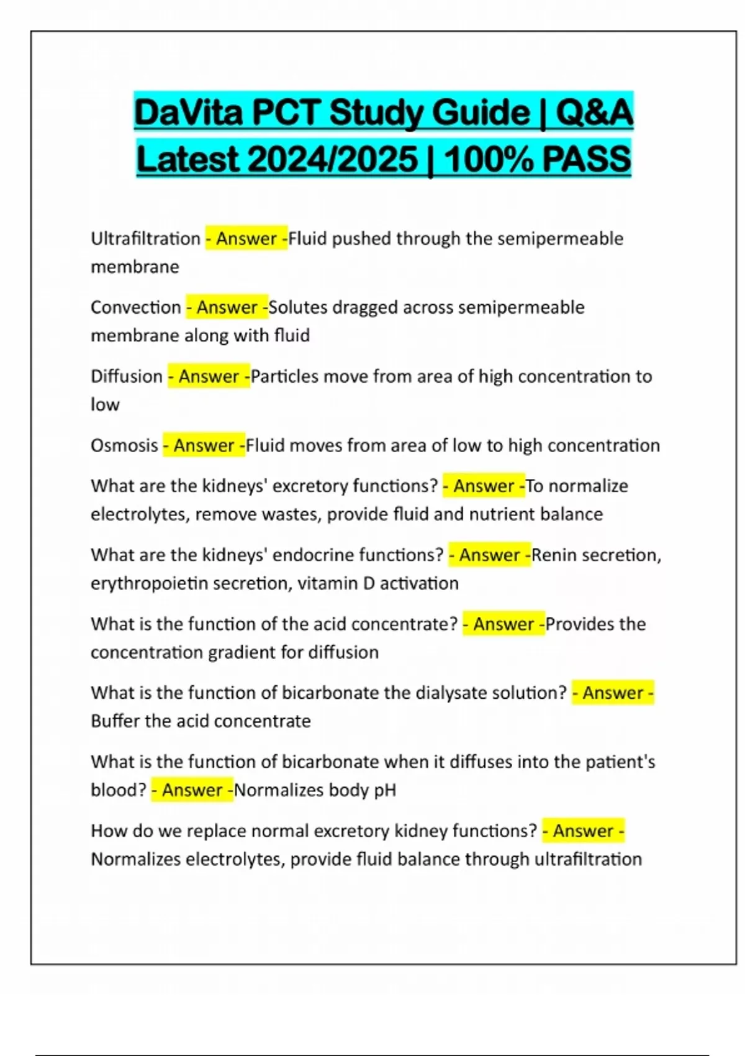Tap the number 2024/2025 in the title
(x=332, y=160)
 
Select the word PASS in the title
(x=587, y=160)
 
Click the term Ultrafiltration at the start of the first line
(x=145, y=239)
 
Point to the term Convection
(x=135, y=307)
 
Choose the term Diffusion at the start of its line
(x=126, y=376)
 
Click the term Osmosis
(x=124, y=445)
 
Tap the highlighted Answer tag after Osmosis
(x=204, y=445)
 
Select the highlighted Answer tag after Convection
(x=227, y=307)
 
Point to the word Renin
(x=551, y=555)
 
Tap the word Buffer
(x=115, y=721)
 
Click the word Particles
(x=285, y=376)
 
